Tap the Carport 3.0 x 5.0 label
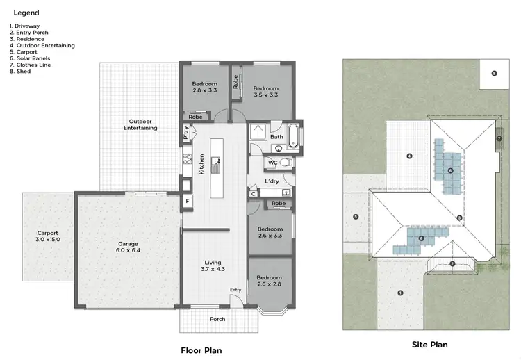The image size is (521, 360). [48, 236]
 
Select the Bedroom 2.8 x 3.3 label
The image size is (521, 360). [204, 88]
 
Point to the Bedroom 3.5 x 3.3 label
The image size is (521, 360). [265, 91]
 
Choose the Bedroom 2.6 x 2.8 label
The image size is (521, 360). [270, 281]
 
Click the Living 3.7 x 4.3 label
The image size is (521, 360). [213, 265]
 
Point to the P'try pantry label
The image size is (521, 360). [186, 132]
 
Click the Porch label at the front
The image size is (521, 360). [217, 319]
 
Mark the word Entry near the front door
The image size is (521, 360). [235, 291]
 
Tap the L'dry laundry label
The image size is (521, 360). [272, 181]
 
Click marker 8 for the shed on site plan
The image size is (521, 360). [494, 73]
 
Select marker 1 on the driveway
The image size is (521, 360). [400, 293]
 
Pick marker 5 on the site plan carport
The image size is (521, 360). [356, 217]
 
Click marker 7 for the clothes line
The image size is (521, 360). [499, 138]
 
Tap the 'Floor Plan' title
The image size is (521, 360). [201, 350]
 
